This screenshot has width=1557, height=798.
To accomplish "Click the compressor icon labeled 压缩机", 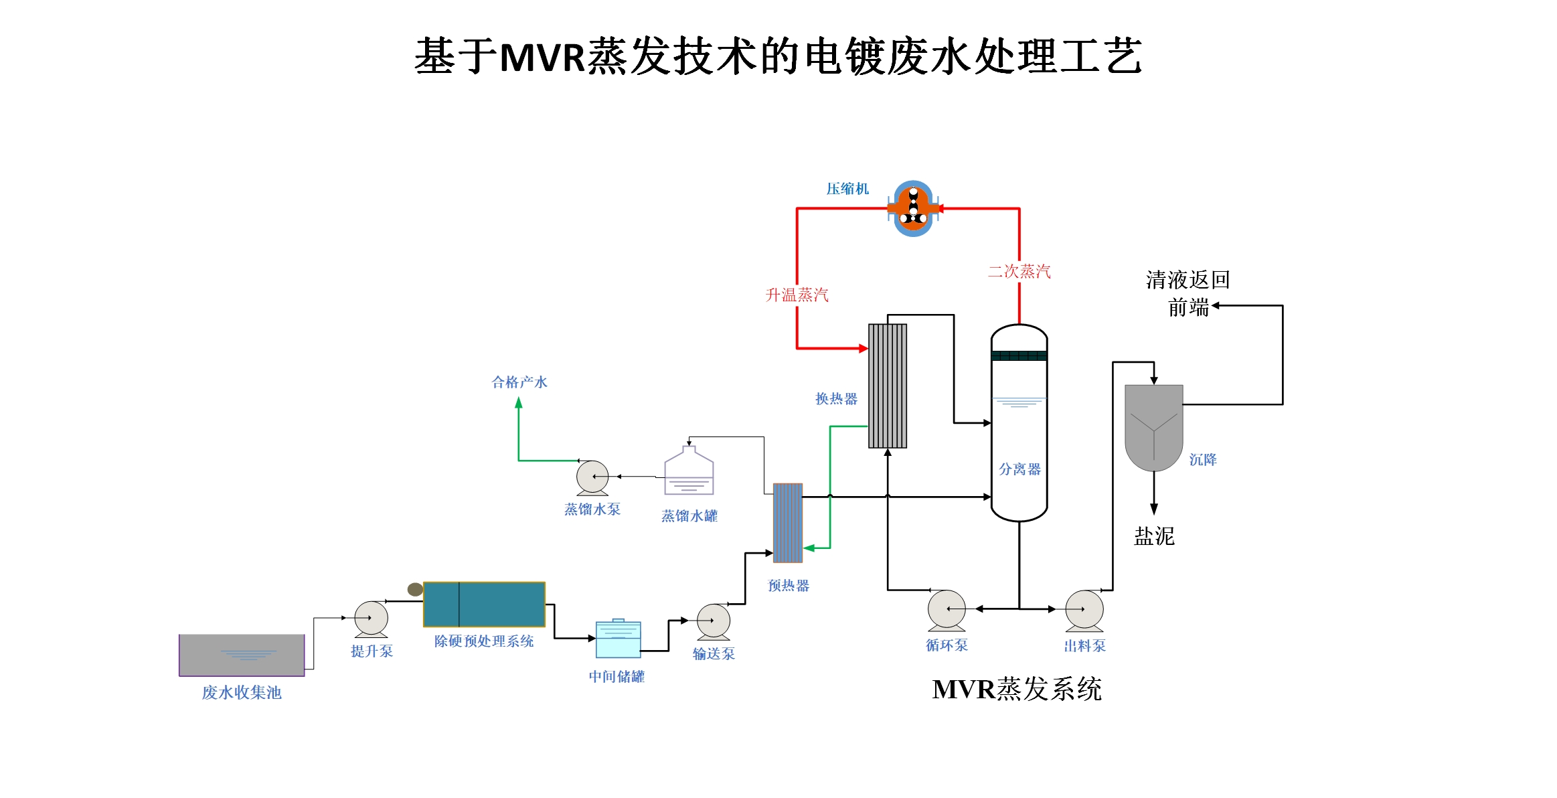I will click(913, 208).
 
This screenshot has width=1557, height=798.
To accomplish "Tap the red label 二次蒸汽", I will click(1019, 271).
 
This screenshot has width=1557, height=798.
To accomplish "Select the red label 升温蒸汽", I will click(797, 295).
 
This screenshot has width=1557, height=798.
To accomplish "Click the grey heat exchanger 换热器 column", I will click(888, 386).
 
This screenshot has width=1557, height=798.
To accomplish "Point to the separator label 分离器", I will click(1019, 469).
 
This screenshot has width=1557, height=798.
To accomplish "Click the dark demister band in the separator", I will click(1019, 355).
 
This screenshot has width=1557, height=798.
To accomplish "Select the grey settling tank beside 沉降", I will click(1153, 425).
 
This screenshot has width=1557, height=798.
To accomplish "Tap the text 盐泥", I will click(1154, 536).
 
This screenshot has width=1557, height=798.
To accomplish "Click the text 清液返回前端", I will click(1187, 293).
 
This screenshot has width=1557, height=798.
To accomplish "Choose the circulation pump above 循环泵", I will click(947, 609).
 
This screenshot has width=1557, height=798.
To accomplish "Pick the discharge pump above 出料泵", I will click(1084, 610).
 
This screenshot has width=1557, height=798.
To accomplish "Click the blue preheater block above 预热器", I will click(788, 523).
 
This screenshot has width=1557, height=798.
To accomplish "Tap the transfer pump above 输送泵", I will click(713, 621).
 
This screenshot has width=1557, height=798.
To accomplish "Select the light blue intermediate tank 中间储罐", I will click(618, 639).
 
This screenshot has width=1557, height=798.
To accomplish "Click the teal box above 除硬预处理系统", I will click(484, 605).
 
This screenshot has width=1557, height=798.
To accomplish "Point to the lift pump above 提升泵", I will click(371, 618).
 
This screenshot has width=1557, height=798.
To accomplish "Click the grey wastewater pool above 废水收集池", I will click(242, 655).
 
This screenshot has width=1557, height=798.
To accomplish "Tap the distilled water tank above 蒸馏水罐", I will click(689, 472).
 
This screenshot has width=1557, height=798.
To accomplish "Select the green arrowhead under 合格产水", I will click(518, 403).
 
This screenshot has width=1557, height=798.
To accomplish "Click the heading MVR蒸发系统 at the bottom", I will click(1016, 689).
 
